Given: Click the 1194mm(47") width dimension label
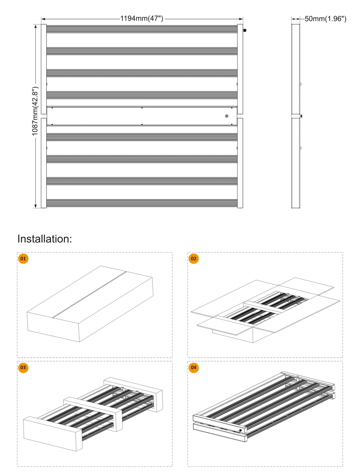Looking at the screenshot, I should pyautogui.click(x=142, y=18).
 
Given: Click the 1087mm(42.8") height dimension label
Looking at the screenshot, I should pyautogui.click(x=35, y=111).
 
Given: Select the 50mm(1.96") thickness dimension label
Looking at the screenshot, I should pyautogui.click(x=325, y=19).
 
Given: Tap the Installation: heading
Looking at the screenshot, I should pyautogui.click(x=45, y=239).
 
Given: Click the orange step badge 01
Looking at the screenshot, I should pyautogui.click(x=23, y=259).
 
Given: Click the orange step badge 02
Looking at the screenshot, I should pyautogui.click(x=194, y=259).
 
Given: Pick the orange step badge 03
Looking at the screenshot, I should pyautogui.click(x=23, y=367).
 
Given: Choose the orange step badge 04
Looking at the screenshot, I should pyautogui.click(x=194, y=367).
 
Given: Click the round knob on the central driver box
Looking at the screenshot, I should pyautogui.click(x=227, y=116).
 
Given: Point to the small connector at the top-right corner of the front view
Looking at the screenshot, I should pyautogui.click(x=245, y=30).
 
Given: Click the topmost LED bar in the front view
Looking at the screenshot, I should pyautogui.click(x=142, y=29).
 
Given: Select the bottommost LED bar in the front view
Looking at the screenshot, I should pyautogui.click(x=142, y=203).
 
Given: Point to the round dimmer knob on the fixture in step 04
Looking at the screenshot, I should pyautogui.click(x=240, y=431).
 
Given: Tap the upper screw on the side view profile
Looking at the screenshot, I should pyautogui.click(x=300, y=84).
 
